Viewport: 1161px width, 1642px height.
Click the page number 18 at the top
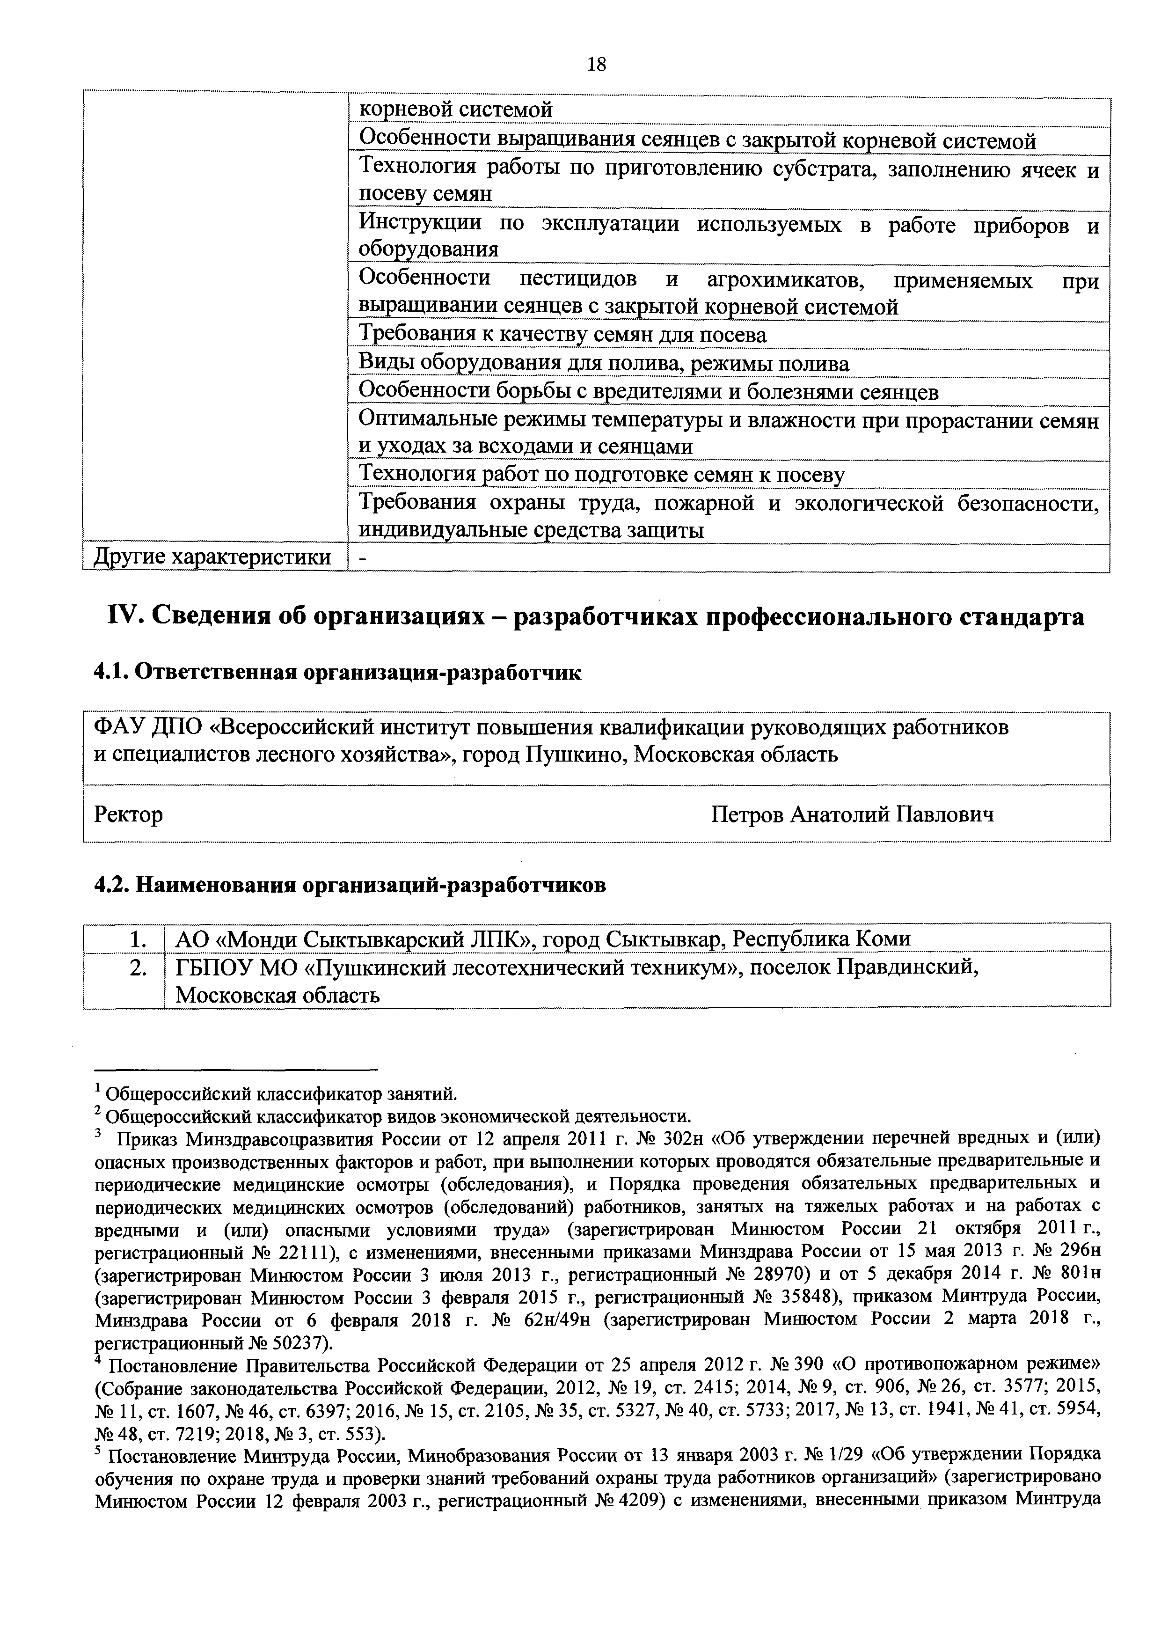click(x=596, y=65)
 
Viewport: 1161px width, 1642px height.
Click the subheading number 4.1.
click(x=111, y=673)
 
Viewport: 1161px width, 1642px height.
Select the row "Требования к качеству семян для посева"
click(x=562, y=335)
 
